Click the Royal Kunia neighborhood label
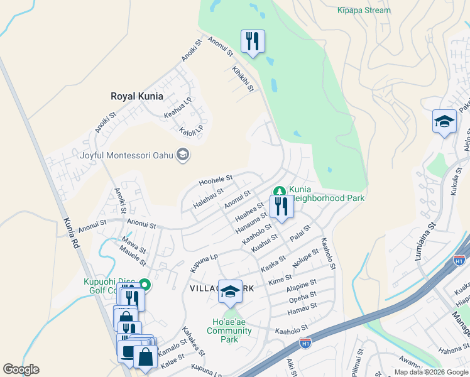point(136,96)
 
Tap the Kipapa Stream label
point(363,10)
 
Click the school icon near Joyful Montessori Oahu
point(183,155)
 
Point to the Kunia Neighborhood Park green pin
point(279,191)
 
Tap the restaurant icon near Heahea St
point(281,207)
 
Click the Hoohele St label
point(216,180)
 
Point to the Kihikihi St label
point(243,79)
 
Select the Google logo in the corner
point(21,369)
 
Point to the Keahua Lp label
point(178,108)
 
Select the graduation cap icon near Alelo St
point(444,121)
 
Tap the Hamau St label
point(302,306)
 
